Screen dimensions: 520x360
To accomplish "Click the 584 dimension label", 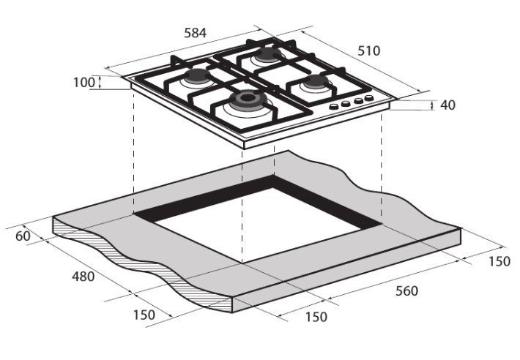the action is [x=195, y=33].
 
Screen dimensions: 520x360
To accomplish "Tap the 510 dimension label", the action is [x=369, y=50].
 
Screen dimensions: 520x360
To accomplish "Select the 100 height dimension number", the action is [x=84, y=83].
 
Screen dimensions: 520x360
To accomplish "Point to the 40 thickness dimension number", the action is [x=447, y=105].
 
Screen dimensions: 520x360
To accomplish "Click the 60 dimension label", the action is [x=23, y=236].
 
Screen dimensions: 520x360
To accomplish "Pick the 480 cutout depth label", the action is [x=83, y=276].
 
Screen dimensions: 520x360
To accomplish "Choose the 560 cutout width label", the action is [x=406, y=290].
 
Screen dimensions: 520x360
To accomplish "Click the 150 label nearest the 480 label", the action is [x=144, y=315].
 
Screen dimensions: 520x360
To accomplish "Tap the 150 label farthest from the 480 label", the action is [x=499, y=261].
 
